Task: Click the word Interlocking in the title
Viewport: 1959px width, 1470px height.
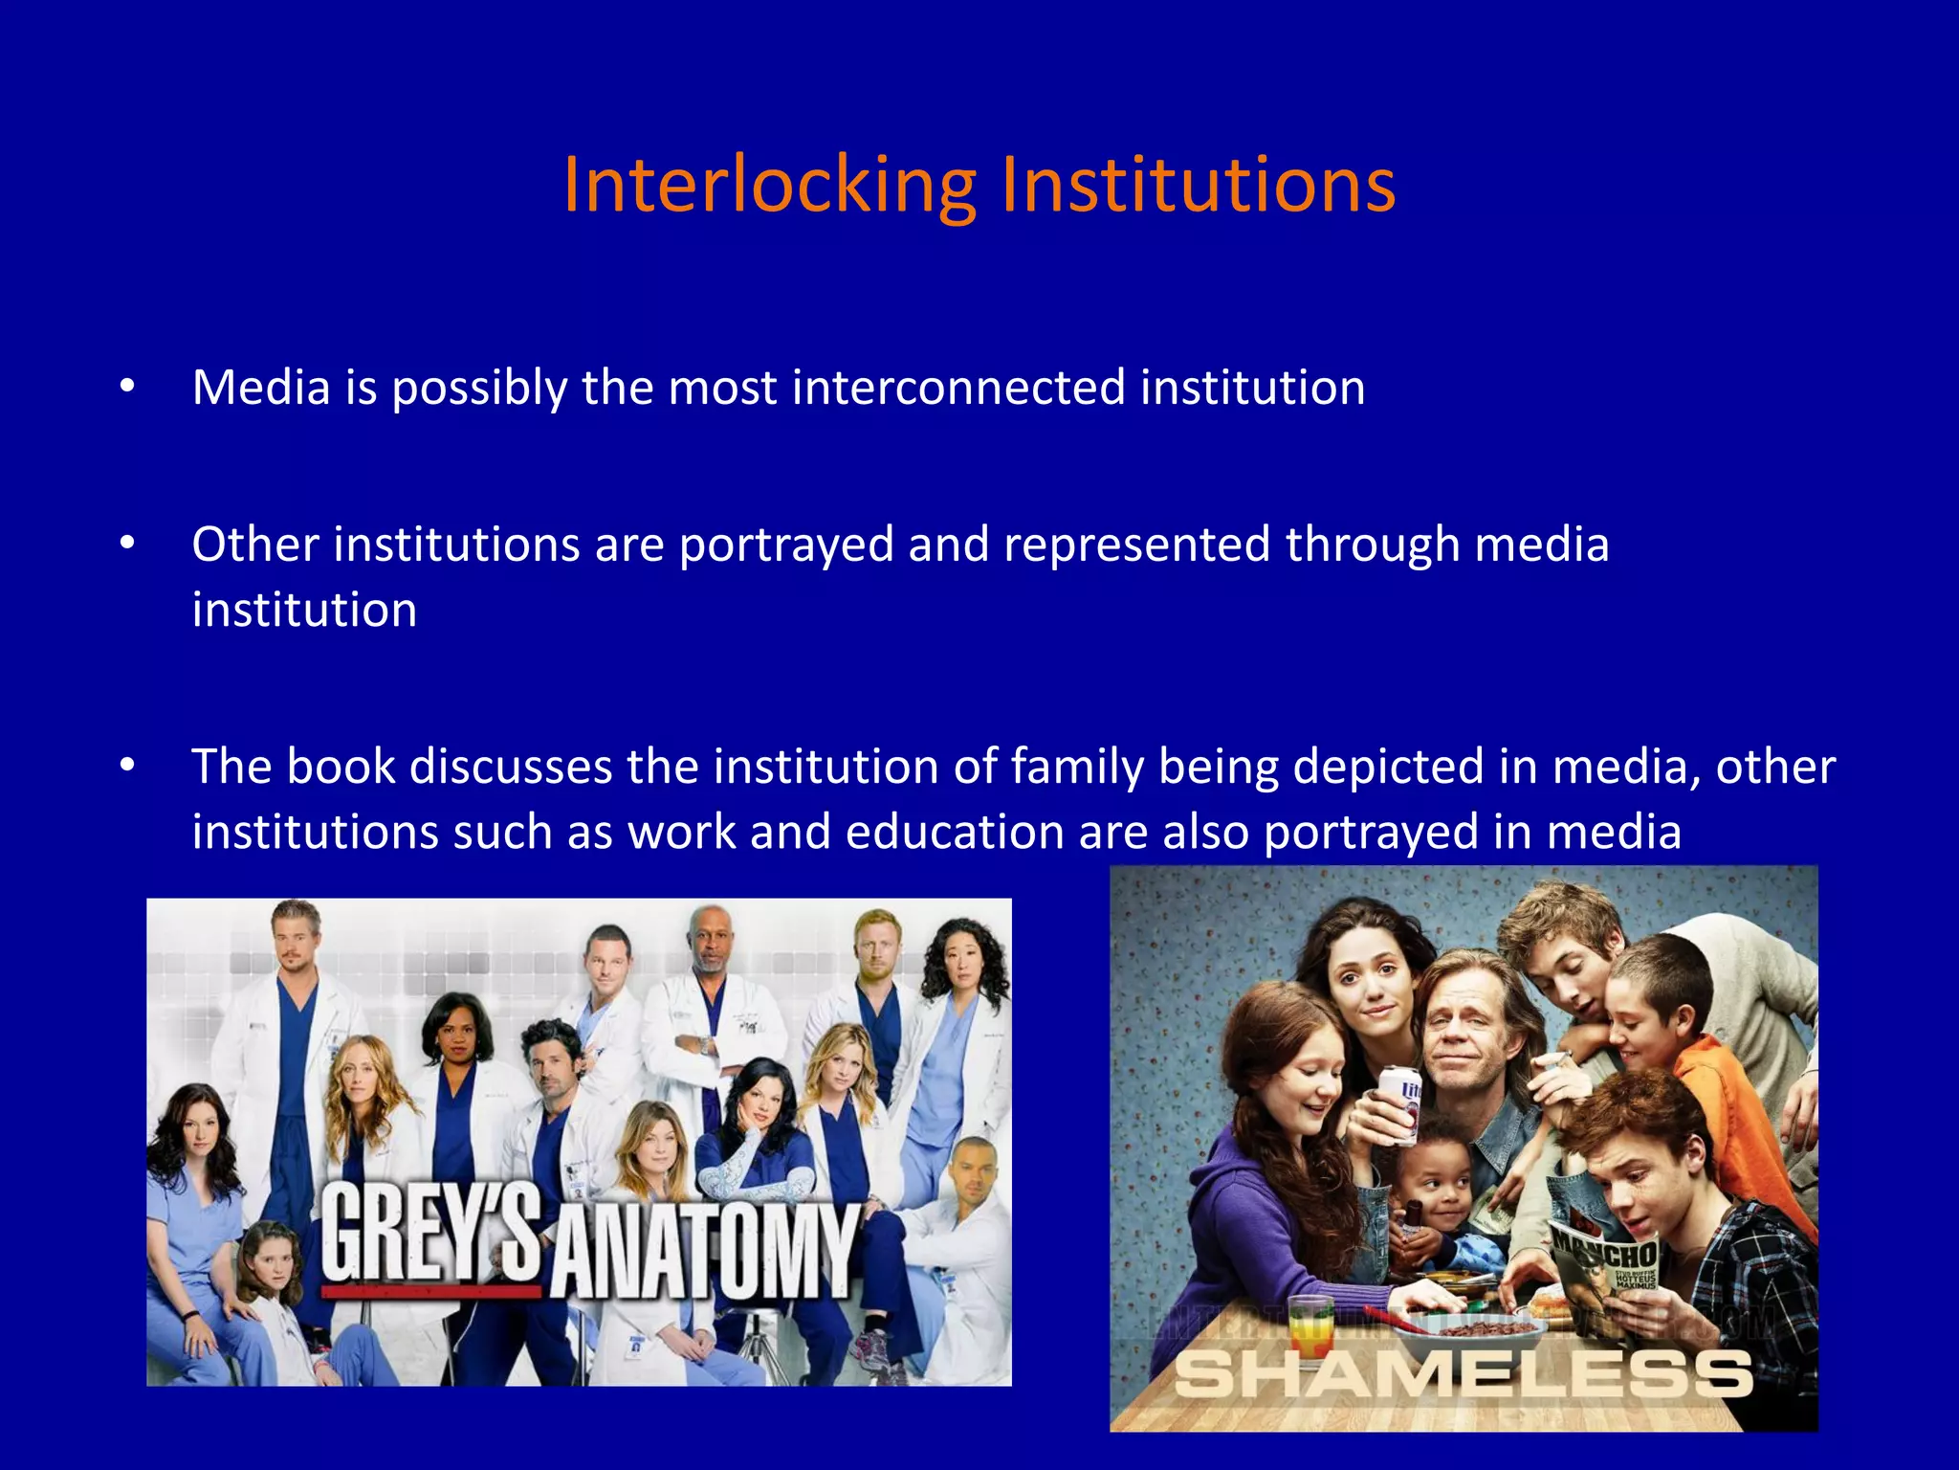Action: pos(769,185)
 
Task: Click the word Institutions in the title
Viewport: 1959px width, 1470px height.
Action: pos(1198,185)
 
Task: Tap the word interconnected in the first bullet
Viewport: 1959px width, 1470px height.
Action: pos(958,388)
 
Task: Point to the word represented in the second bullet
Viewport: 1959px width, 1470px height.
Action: pos(1136,545)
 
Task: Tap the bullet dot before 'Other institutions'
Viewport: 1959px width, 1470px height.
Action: pos(127,544)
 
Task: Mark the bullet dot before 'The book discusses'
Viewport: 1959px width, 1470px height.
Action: pos(127,766)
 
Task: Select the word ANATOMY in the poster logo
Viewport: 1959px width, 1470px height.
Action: pos(705,1249)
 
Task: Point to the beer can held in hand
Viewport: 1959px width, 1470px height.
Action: pos(1399,1105)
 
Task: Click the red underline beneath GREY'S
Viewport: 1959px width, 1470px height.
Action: pos(430,1291)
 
